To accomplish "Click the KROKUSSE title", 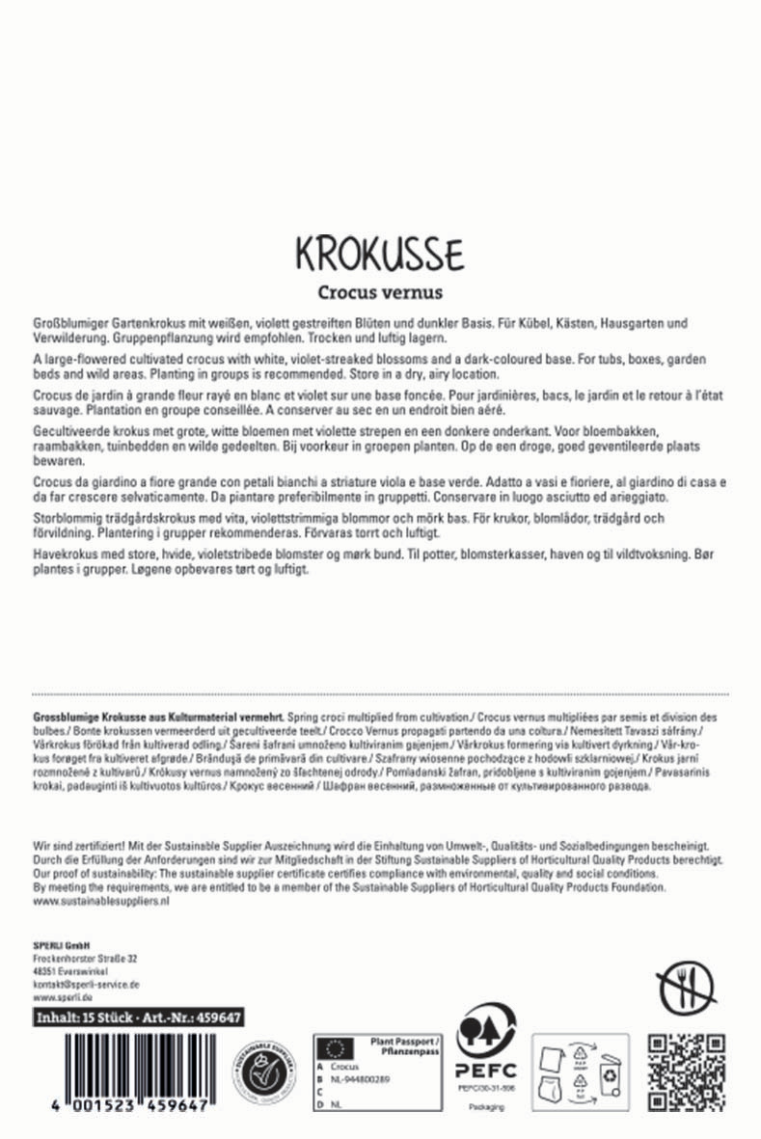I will [x=379, y=254].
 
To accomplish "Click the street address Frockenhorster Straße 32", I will [x=85, y=958].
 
